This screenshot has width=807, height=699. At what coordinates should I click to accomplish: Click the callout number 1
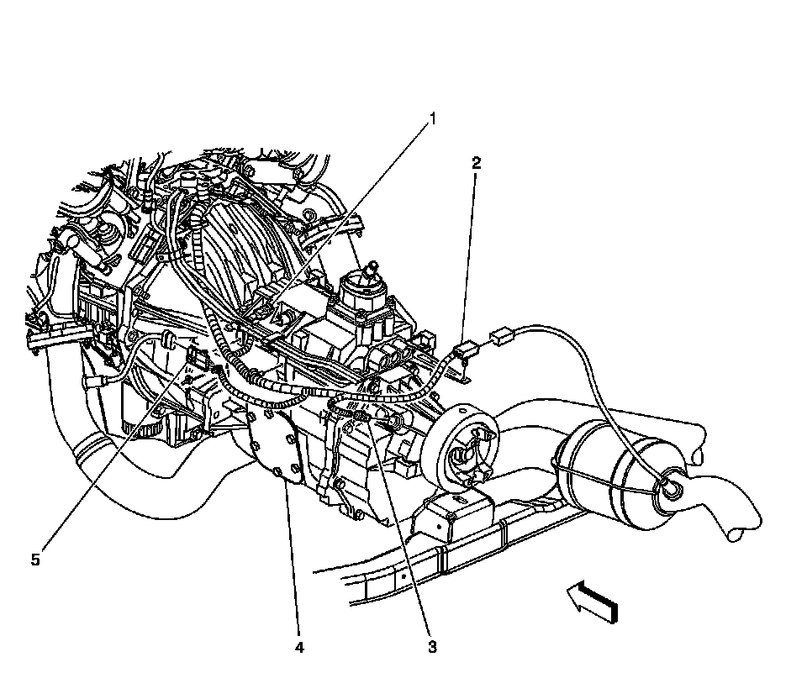coord(434,118)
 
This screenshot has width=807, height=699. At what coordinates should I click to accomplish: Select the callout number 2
coord(476,163)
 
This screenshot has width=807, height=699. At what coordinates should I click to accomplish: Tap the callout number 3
coord(432,647)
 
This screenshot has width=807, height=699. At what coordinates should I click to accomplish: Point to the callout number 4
coord(298,647)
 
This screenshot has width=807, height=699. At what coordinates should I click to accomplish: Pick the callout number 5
coord(35,559)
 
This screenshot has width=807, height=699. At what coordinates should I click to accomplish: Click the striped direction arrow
coord(593,602)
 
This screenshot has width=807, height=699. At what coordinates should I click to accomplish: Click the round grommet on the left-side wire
coord(167,339)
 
